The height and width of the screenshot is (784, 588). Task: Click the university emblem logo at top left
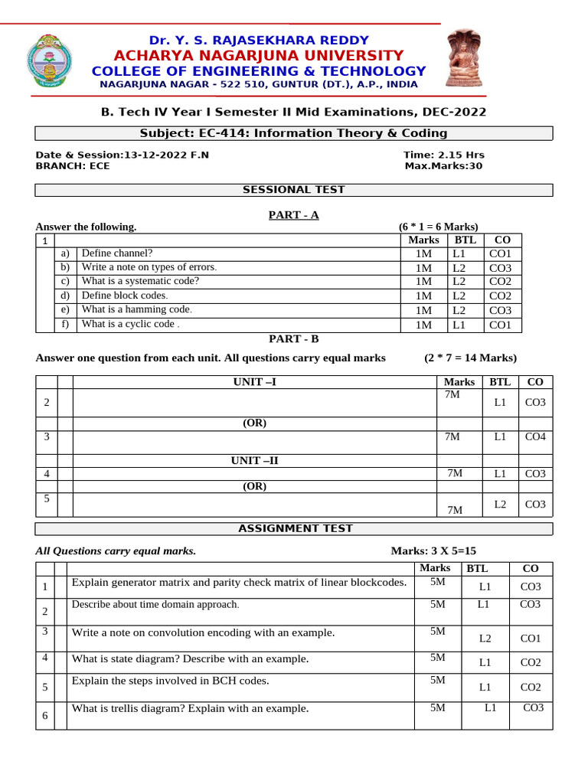coord(51,60)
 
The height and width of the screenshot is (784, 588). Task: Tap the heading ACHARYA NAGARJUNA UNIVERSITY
coord(258,55)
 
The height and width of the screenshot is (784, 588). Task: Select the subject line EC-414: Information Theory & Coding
coord(294,133)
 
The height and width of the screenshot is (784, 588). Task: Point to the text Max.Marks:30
coord(443,165)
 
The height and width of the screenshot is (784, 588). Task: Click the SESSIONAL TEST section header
coord(294,189)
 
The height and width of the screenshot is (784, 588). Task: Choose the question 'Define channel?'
coord(117,253)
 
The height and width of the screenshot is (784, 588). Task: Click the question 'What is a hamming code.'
coord(137,310)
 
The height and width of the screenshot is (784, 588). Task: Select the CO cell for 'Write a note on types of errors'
coord(500,268)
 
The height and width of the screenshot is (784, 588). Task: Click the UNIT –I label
coord(254,382)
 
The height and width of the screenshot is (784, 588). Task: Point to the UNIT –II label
coord(254,460)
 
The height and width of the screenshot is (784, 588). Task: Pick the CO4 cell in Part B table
coord(534,437)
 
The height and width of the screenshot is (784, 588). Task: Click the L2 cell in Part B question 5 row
coord(500,505)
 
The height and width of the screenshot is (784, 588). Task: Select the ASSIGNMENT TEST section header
coord(296,528)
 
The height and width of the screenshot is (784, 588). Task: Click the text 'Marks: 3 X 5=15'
coord(438,551)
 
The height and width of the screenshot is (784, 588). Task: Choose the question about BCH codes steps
coord(170,680)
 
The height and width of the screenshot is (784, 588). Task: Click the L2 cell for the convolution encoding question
coord(485,638)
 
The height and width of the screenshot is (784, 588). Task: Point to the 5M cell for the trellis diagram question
coord(437,708)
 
